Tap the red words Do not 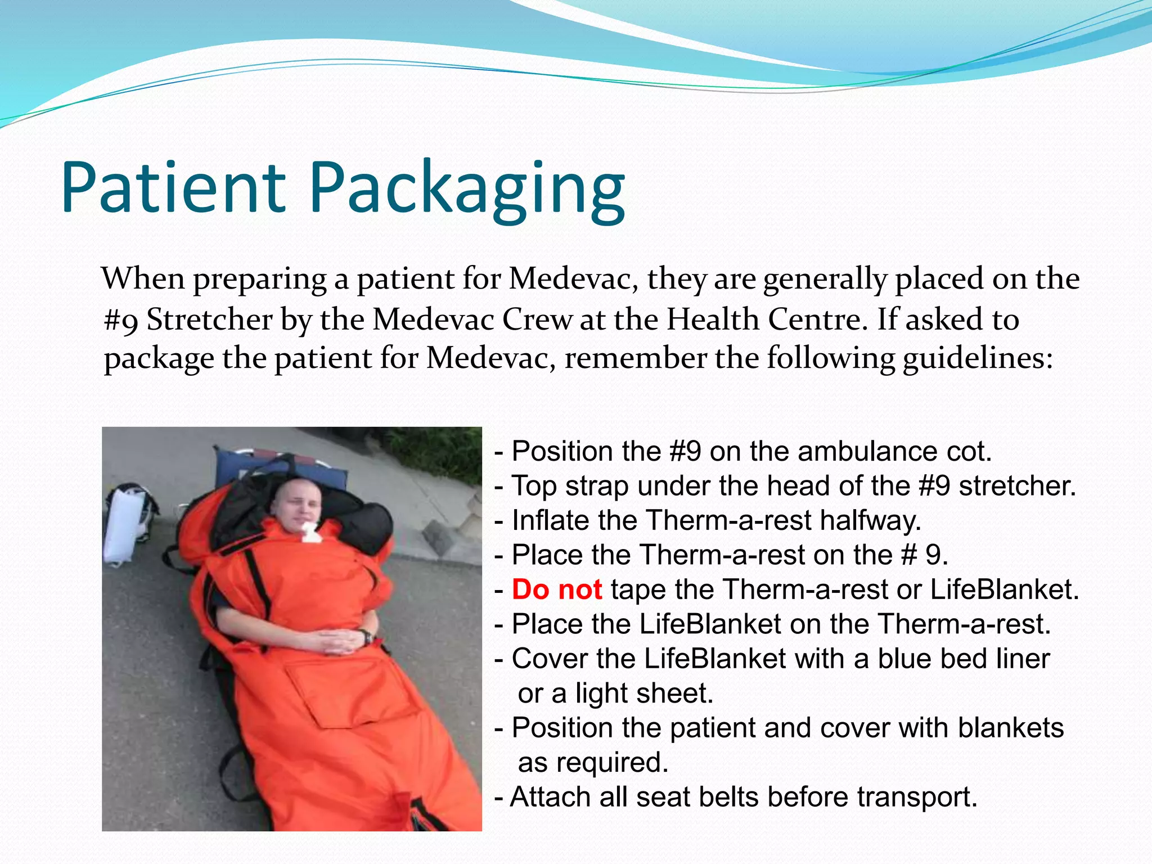pos(557,589)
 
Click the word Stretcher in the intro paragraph pos(209,319)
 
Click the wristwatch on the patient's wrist pos(367,637)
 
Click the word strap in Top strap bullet pos(597,486)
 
